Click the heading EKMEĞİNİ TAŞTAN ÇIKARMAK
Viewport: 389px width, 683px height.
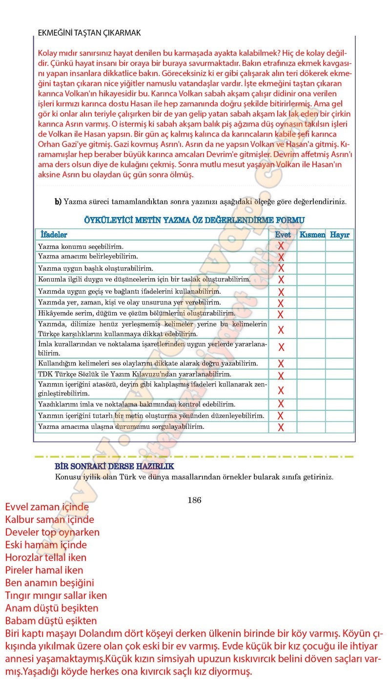(x=89, y=33)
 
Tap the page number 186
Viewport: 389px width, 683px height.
(x=194, y=500)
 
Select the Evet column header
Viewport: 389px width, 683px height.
(x=283, y=235)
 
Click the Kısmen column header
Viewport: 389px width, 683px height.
(x=312, y=235)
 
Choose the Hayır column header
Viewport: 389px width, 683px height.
(x=340, y=235)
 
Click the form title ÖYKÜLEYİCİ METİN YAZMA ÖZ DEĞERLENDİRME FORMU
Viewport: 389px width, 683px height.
(x=194, y=220)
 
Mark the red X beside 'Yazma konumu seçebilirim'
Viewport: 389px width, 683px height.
(x=281, y=246)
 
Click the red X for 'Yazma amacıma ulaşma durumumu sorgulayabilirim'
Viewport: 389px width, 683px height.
(x=281, y=427)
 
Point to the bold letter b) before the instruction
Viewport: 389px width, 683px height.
(x=58, y=201)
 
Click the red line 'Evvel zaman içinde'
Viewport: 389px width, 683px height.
(x=47, y=507)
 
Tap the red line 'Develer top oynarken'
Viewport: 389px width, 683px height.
(x=52, y=532)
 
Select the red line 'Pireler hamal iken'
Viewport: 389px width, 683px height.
(x=44, y=570)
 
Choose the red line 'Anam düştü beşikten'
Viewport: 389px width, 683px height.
(x=52, y=608)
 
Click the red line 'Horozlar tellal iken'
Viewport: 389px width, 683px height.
(x=46, y=558)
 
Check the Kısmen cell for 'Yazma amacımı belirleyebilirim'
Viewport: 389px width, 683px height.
(x=311, y=257)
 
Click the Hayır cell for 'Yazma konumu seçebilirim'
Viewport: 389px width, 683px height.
(x=340, y=246)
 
